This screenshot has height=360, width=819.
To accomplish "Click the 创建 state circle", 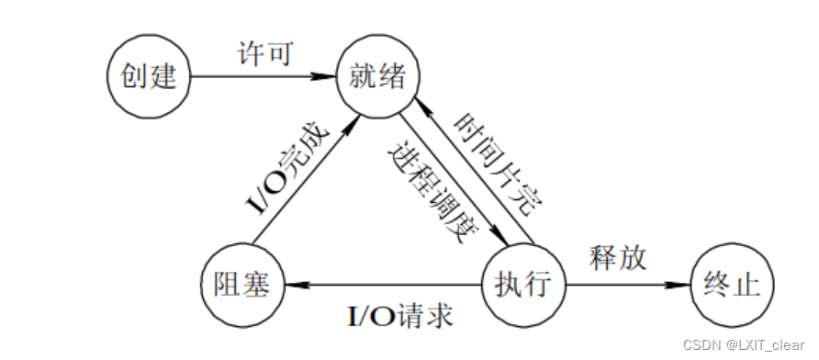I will click(148, 76).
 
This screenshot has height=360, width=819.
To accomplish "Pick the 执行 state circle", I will click(524, 285).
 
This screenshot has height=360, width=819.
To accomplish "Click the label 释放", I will click(617, 258).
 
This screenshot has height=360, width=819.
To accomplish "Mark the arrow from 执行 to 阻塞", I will click(386, 286).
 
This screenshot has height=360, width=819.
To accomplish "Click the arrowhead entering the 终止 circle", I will click(683, 286).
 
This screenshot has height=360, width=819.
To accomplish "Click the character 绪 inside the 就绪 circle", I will click(391, 76).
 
